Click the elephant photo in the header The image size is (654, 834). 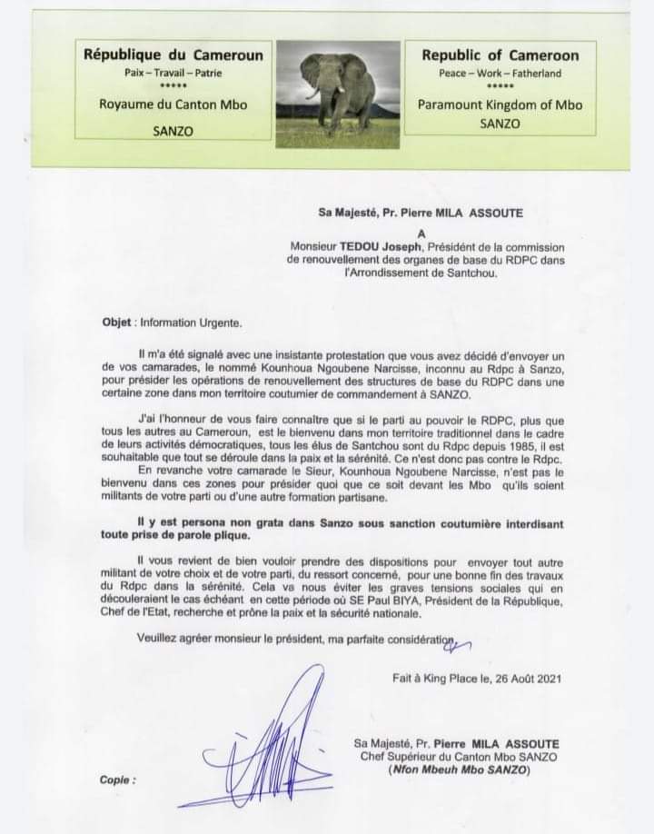point(338,94)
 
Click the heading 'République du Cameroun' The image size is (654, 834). point(173,55)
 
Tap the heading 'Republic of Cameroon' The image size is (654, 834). point(500,55)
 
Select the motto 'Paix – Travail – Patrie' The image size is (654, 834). point(173,73)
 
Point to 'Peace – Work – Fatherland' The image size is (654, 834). point(500,74)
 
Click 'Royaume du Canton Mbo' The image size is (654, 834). point(173,104)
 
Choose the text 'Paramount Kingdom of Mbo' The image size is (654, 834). point(500,104)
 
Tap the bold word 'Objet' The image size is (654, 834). point(117,322)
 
